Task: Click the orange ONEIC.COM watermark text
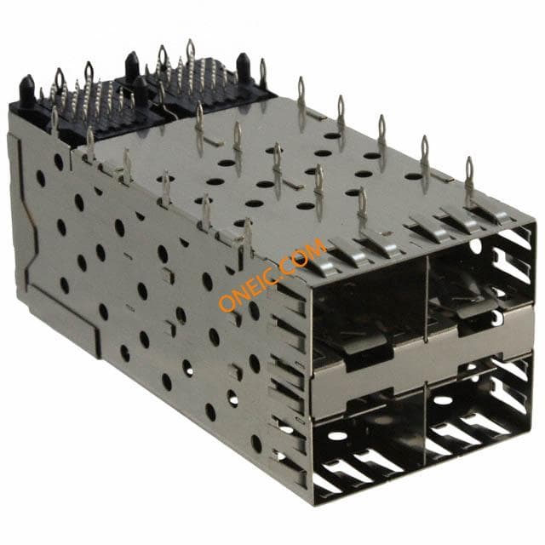pos(272,274)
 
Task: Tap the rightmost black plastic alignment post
pos(244,68)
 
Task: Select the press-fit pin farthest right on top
pos(469,181)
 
